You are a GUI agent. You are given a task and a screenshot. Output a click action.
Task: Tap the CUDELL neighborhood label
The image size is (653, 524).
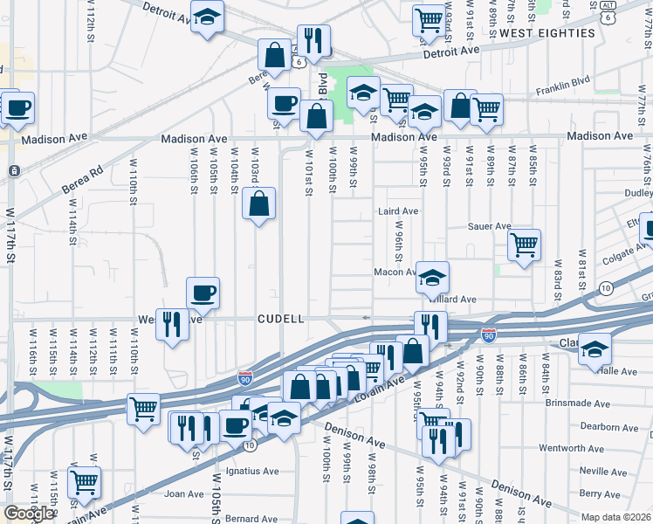[x=281, y=320]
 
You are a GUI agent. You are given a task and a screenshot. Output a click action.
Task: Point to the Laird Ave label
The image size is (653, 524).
[x=398, y=211]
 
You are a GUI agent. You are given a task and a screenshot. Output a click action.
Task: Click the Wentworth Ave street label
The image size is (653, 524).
[x=597, y=449]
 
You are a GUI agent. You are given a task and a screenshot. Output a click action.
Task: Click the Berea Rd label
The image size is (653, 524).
[x=82, y=183]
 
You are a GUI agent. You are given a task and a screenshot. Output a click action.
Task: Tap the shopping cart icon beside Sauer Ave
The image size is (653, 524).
[x=524, y=245]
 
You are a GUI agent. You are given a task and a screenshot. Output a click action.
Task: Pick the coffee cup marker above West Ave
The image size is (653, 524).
[x=203, y=293]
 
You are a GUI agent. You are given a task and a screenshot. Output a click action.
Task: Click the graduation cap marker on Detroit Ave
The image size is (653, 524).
[x=208, y=17]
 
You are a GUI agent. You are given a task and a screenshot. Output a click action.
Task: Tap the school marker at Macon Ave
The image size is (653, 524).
[x=432, y=277]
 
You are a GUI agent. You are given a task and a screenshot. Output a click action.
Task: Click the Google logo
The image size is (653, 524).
[x=28, y=513]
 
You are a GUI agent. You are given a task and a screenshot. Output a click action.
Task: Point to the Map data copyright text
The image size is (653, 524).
[x=616, y=517]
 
